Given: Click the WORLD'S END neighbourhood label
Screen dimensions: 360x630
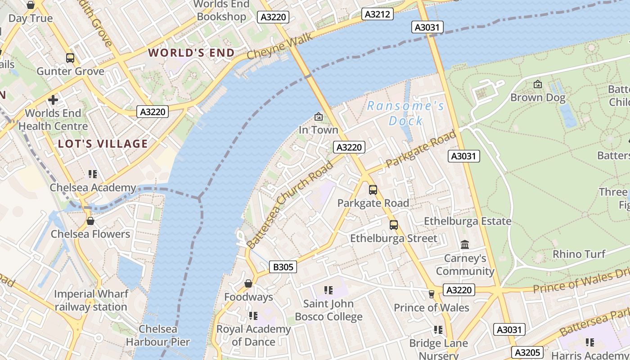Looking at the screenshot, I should (x=192, y=53).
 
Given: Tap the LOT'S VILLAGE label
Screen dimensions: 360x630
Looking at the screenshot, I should (x=103, y=144).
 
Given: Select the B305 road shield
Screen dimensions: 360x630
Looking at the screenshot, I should (x=283, y=267).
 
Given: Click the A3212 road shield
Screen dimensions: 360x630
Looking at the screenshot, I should (x=377, y=14).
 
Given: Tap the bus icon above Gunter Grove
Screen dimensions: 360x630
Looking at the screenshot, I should (x=70, y=58).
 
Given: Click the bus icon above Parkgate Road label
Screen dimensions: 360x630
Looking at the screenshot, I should (x=373, y=190).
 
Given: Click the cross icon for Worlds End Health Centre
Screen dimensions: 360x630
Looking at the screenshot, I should (x=53, y=99).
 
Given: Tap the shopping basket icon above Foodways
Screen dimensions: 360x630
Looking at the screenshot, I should (x=248, y=283).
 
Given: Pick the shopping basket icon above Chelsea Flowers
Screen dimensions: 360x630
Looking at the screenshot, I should (x=90, y=221).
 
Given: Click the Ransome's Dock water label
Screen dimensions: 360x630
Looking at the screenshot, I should (x=406, y=113).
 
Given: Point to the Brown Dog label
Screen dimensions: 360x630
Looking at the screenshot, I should (x=537, y=97).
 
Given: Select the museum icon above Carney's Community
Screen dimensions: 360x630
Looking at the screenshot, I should (x=465, y=245).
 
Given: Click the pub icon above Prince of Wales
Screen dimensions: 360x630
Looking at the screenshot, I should (x=431, y=294).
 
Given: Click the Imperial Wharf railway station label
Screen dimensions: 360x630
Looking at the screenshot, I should (x=91, y=301).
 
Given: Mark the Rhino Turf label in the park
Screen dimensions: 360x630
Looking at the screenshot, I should (x=579, y=254).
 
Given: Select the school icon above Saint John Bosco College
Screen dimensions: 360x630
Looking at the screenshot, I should (x=328, y=290).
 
